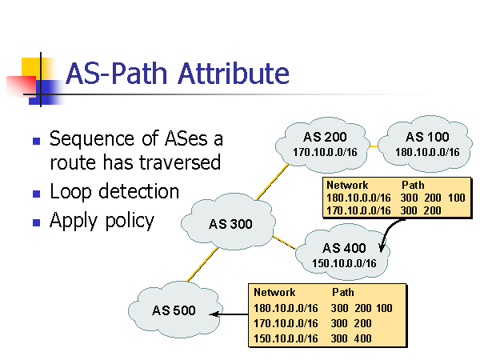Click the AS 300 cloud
230,223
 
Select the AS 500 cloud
174,310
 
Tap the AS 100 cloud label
427,137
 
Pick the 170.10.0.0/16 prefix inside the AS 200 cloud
325,152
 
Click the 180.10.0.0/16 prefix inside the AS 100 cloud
427,152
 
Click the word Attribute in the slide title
234,74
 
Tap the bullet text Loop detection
114,192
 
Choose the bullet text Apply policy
102,221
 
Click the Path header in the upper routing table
413,185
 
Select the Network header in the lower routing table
274,293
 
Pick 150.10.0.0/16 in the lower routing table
286,338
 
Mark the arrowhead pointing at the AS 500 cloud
217,314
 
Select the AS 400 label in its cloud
344,248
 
